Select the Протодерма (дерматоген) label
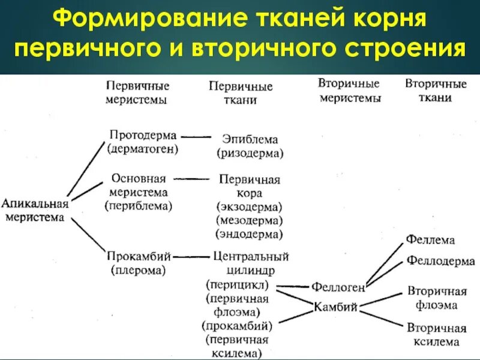click(x=143, y=142)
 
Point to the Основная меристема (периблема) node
click(x=140, y=192)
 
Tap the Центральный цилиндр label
click(x=251, y=263)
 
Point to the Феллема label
click(x=430, y=240)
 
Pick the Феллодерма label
click(x=440, y=261)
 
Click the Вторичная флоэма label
click(x=437, y=298)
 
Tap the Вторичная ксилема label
click(x=437, y=335)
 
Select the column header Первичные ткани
click(x=241, y=93)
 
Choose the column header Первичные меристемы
click(x=137, y=93)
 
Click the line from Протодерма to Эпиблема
click(x=195, y=137)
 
